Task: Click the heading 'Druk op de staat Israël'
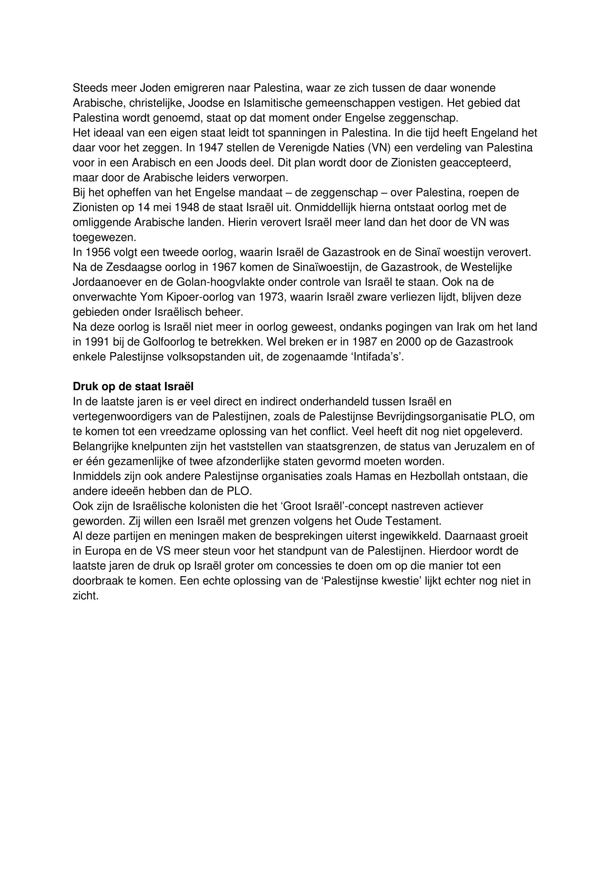(x=133, y=387)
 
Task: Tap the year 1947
(x=211, y=148)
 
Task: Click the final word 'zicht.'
(x=86, y=596)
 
